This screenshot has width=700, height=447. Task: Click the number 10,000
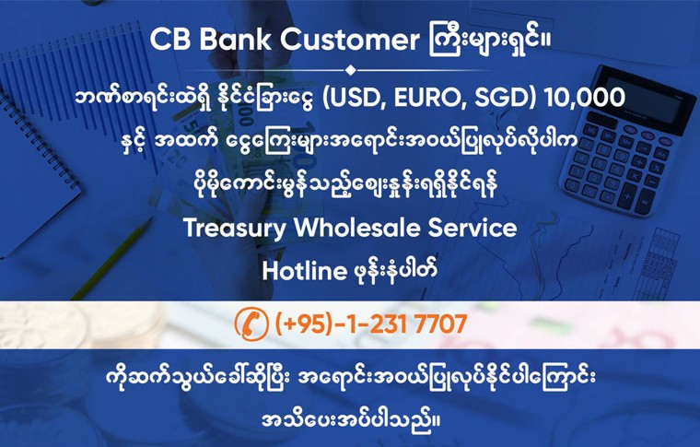(585, 97)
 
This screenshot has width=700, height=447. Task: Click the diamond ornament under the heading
(349, 69)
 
